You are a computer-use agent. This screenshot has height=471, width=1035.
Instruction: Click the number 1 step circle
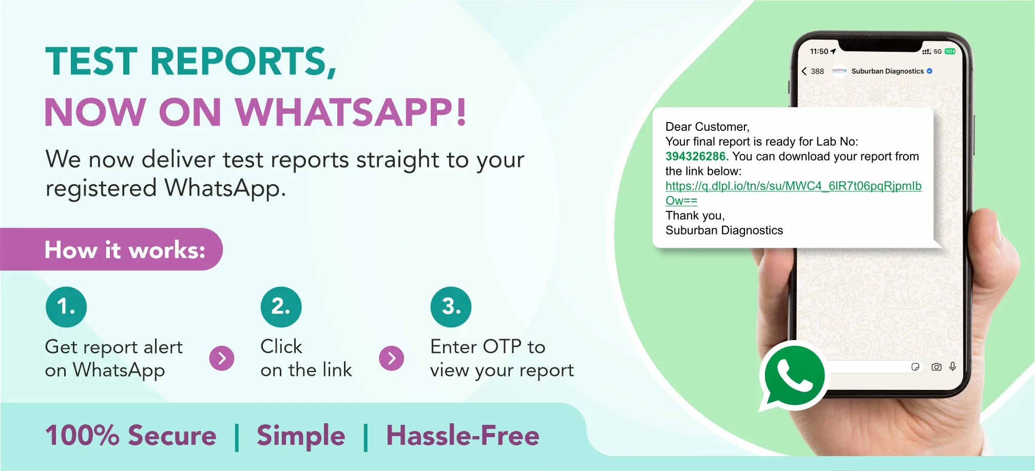pyautogui.click(x=66, y=307)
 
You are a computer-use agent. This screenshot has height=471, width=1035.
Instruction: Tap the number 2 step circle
pyautogui.click(x=281, y=307)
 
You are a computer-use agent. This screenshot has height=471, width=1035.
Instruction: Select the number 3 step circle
pyautogui.click(x=451, y=307)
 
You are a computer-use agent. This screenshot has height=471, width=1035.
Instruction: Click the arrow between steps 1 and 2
pyautogui.click(x=222, y=358)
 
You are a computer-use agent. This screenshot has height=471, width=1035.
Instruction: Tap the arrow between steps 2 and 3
pyautogui.click(x=392, y=358)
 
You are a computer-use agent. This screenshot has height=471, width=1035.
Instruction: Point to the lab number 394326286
pyautogui.click(x=697, y=156)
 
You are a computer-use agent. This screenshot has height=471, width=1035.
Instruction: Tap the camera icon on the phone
pyautogui.click(x=936, y=367)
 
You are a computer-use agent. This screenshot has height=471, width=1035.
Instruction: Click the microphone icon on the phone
pyautogui.click(x=953, y=366)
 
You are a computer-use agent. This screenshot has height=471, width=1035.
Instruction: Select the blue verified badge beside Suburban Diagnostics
pyautogui.click(x=930, y=71)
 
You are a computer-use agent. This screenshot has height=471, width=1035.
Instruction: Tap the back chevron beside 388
pyautogui.click(x=804, y=71)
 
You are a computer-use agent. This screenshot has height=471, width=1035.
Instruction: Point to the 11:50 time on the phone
pyautogui.click(x=819, y=51)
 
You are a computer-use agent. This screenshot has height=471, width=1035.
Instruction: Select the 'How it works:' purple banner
pyautogui.click(x=111, y=249)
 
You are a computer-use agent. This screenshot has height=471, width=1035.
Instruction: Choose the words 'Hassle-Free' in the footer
pyautogui.click(x=463, y=436)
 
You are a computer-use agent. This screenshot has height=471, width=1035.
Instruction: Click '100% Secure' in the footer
pyautogui.click(x=131, y=436)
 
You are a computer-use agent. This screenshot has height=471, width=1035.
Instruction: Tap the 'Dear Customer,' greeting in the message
pyautogui.click(x=707, y=127)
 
